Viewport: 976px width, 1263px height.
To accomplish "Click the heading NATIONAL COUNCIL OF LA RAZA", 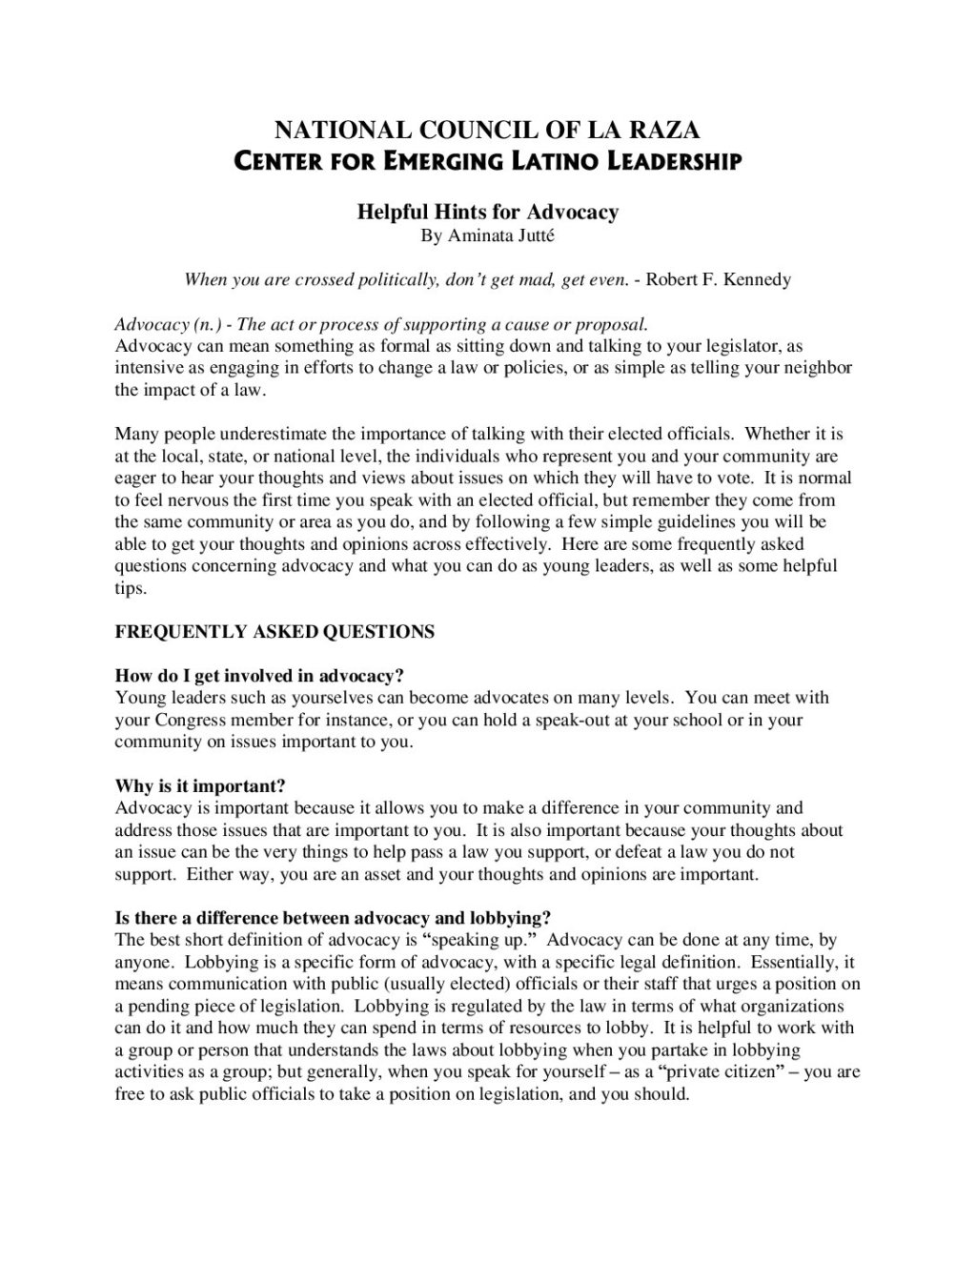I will click(x=487, y=131).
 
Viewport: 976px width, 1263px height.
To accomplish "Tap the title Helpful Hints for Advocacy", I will click(x=487, y=212).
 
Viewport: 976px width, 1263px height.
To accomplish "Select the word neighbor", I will click(x=817, y=368).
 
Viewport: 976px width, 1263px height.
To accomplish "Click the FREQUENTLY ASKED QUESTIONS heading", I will click(x=274, y=631).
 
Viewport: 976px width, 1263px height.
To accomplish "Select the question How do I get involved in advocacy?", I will click(x=259, y=676).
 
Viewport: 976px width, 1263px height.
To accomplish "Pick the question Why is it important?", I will click(x=200, y=785).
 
